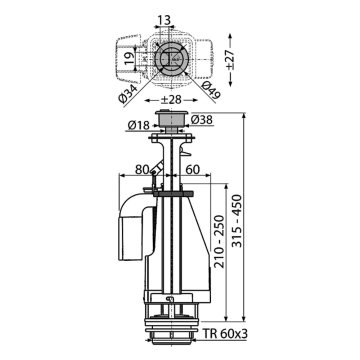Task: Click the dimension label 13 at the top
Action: [164, 20]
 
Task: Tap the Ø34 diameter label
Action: [128, 94]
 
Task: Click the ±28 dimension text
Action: [171, 100]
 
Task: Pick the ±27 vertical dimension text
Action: [230, 60]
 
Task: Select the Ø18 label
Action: [139, 125]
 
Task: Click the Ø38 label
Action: [202, 120]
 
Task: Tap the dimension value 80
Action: [142, 170]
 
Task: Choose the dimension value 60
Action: [192, 170]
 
